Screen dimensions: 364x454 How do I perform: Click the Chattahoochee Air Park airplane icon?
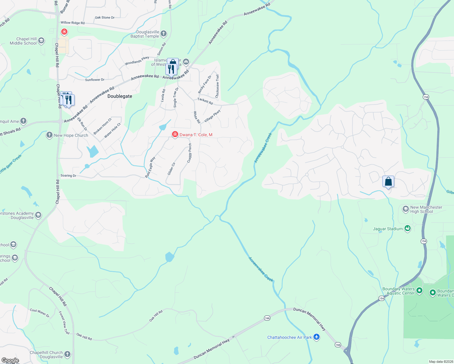tap(317, 337)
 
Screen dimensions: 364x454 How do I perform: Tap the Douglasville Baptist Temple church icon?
tap(164, 34)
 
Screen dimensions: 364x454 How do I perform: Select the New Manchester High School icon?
tap(405, 209)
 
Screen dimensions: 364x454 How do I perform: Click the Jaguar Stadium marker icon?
tap(408, 229)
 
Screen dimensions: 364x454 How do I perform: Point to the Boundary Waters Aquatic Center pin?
tap(419, 291)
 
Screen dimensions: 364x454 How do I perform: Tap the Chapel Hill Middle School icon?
tap(41, 41)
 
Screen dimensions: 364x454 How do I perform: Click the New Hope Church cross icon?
tap(49, 135)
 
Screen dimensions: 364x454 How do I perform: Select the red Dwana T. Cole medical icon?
tap(175, 134)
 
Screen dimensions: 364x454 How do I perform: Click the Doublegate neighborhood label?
tap(120, 96)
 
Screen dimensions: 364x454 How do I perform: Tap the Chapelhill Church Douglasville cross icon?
tap(67, 354)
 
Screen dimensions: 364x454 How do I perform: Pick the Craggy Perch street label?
tap(190, 153)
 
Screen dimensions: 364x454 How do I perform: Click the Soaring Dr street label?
tap(68, 175)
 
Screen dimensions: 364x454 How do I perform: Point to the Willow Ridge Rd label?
tap(73, 23)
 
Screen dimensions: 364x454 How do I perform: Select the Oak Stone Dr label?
tap(105, 18)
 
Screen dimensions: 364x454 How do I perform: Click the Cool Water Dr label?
tap(39, 313)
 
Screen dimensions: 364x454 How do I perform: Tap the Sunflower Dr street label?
tap(95, 80)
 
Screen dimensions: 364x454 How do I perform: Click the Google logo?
tap(10, 360)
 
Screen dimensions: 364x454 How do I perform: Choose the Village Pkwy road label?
tap(212, 116)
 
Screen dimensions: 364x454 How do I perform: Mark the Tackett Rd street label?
tap(205, 101)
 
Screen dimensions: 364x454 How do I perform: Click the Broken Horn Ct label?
tap(103, 126)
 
